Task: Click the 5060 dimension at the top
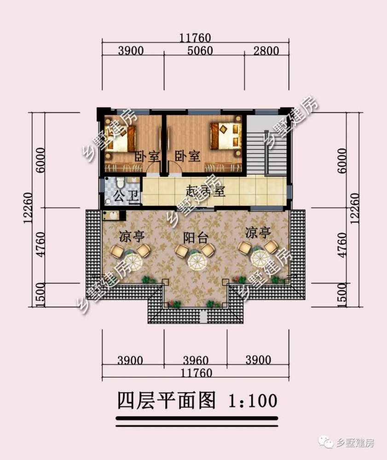(x=200, y=51)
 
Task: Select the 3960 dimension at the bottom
(x=196, y=360)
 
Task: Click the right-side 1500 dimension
(x=342, y=295)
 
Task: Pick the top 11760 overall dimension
(x=195, y=38)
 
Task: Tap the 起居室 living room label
(x=205, y=191)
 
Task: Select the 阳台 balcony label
(x=196, y=238)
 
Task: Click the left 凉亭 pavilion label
(x=132, y=236)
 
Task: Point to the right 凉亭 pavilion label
(x=258, y=233)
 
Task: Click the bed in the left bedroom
(x=121, y=138)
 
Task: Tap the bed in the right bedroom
(x=226, y=136)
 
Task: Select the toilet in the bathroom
(x=121, y=183)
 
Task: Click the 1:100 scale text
(x=253, y=401)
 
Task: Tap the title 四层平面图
(x=167, y=400)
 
